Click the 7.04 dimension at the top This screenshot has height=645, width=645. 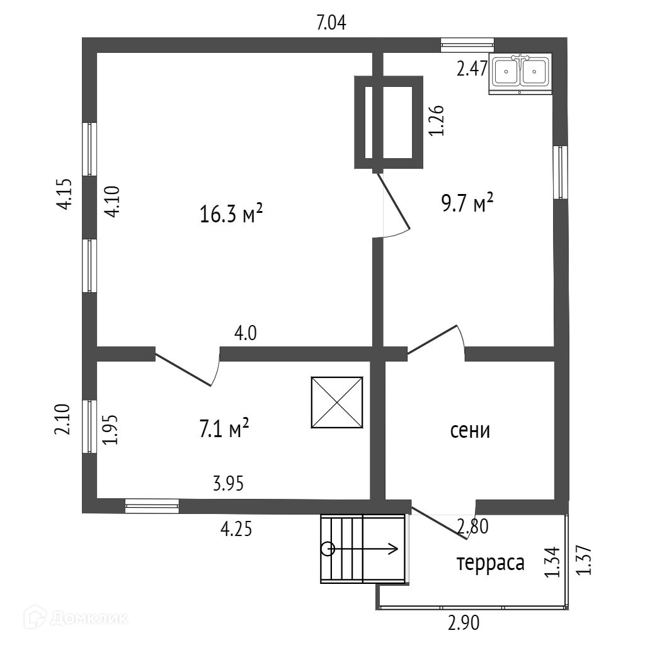pyautogui.click(x=331, y=23)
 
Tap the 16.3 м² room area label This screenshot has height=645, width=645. pyautogui.click(x=231, y=214)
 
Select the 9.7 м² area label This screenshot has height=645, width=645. pyautogui.click(x=467, y=202)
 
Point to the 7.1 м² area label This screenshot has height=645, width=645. pyautogui.click(x=224, y=428)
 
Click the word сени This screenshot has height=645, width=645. pyautogui.click(x=470, y=431)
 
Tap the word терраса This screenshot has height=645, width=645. pyautogui.click(x=491, y=564)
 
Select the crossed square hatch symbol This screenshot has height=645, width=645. pyautogui.click(x=337, y=402)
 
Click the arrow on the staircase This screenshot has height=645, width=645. pyautogui.click(x=363, y=549)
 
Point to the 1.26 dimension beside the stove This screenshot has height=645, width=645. pyautogui.click(x=437, y=120)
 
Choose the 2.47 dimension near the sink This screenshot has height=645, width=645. pyautogui.click(x=472, y=68)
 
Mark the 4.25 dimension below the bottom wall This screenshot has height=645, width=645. pyautogui.click(x=236, y=529)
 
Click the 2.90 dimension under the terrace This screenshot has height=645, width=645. pyautogui.click(x=464, y=623)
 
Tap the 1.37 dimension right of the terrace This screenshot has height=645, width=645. pyautogui.click(x=584, y=560)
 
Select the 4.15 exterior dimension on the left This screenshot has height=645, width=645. pyautogui.click(x=65, y=195)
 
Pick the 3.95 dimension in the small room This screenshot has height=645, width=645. pyautogui.click(x=228, y=483)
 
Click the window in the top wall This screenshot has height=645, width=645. pyautogui.click(x=467, y=45)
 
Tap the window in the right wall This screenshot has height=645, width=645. pyautogui.click(x=561, y=173)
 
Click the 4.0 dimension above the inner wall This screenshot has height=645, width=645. pyautogui.click(x=246, y=333)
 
